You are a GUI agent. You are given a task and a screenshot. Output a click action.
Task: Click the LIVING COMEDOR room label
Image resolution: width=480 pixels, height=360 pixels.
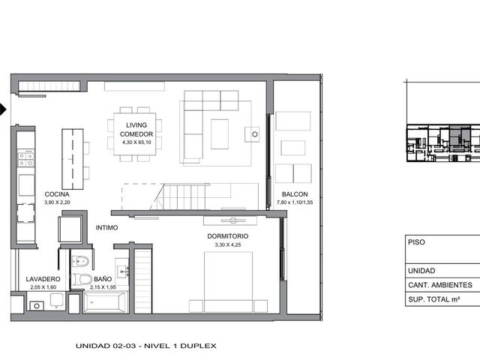136,130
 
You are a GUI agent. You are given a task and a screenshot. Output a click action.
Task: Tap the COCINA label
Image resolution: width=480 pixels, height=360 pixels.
57,194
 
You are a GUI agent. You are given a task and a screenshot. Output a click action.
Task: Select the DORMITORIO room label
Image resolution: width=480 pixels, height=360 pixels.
228,236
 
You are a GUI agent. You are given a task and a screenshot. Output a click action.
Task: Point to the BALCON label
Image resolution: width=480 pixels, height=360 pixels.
295,194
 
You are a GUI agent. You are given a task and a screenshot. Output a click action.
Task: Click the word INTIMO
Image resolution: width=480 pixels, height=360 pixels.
106,228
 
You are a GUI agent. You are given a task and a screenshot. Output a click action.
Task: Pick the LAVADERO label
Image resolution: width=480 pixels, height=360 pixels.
43,279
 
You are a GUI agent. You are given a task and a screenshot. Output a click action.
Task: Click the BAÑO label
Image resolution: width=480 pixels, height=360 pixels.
103,279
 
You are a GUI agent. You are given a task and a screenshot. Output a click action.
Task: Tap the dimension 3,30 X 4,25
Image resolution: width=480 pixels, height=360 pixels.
228,244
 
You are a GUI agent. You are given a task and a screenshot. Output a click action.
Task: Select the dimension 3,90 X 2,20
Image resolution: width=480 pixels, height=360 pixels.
57,202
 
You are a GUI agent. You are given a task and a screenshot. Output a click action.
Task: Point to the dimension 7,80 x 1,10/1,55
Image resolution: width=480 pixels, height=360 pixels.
295,202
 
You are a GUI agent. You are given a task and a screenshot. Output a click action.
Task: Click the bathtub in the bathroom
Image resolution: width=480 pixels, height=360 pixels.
105,302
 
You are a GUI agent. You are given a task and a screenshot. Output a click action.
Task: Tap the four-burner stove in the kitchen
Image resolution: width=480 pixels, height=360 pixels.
25,158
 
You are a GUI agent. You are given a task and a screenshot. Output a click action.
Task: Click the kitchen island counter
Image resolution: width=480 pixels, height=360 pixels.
73,159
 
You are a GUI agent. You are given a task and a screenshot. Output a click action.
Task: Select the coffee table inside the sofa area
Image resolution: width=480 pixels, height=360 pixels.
220,134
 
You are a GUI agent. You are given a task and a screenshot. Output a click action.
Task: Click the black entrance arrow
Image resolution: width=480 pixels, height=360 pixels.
3,109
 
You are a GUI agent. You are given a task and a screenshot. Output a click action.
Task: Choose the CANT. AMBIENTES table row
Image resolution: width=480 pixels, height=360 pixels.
442,285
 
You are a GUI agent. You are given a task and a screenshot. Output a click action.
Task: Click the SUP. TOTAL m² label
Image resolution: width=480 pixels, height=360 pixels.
433,299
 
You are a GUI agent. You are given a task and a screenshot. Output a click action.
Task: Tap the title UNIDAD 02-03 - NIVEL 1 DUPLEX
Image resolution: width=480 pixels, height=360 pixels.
146,346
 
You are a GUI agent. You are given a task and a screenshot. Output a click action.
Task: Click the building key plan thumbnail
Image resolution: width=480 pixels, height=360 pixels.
443,143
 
